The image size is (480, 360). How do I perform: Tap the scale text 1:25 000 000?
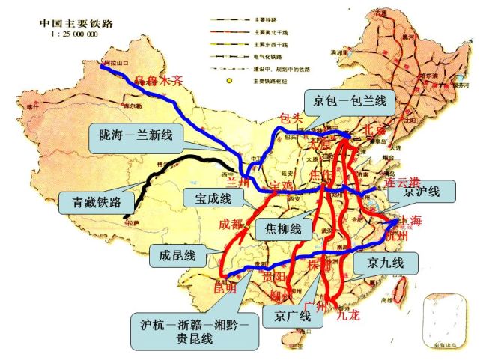click(73, 34)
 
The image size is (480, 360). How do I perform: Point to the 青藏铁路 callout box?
click(94, 201)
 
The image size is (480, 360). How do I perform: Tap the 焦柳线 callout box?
click(284, 228)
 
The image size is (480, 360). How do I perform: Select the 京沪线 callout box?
click(421, 192)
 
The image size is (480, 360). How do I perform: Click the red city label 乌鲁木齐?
click(159, 81)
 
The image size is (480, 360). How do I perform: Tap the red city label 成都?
click(231, 223)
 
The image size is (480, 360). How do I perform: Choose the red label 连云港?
click(401, 182)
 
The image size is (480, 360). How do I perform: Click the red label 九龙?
click(348, 315)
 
